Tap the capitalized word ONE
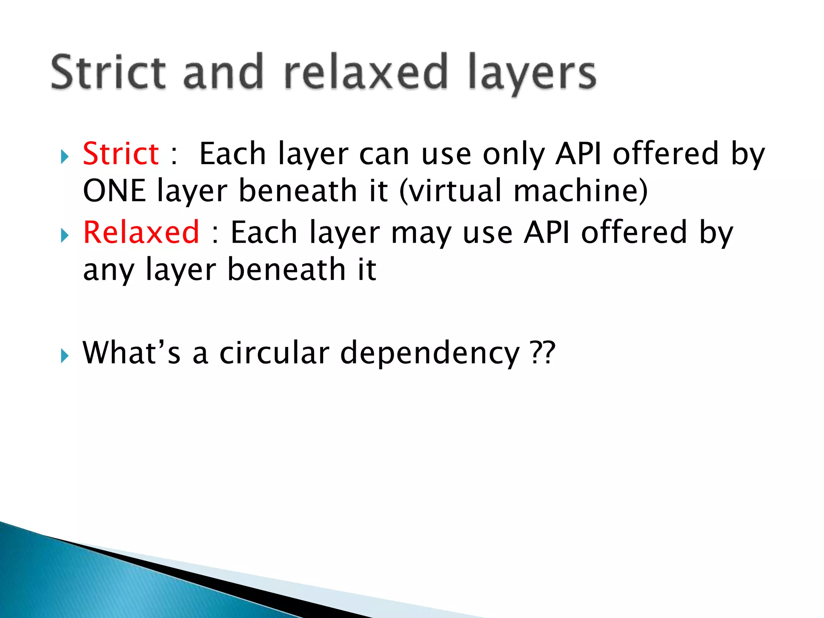(x=114, y=191)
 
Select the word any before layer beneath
(x=109, y=270)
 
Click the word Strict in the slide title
(x=108, y=72)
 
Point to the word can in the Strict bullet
(x=384, y=154)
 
